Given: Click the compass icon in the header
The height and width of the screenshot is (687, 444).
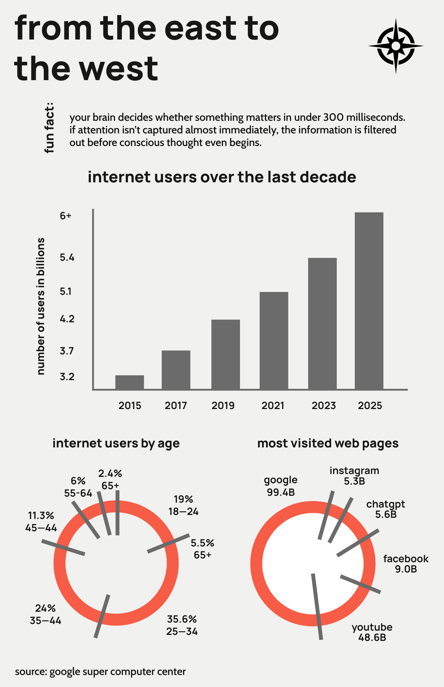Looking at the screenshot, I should pos(396,46).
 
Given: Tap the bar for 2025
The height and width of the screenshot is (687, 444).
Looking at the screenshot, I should pos(369,301).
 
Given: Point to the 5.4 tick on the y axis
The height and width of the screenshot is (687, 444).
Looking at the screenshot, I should pos(67,257).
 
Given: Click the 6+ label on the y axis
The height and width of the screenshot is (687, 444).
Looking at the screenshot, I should pos(66,216).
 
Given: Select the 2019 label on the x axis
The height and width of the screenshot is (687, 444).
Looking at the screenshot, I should pos(223,406).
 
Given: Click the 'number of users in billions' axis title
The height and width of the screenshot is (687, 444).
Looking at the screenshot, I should pos(41,306).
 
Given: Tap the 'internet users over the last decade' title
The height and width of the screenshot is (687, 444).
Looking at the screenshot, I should pos(222,177).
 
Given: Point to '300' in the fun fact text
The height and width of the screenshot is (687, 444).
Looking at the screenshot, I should pos(333,117).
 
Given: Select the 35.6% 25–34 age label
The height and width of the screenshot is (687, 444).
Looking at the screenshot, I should pos(182,625).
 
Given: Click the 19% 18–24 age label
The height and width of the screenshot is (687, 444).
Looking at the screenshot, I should pos(183,505).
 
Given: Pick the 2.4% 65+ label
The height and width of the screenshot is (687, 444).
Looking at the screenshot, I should pos(110,479).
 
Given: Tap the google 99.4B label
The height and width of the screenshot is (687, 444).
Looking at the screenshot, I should pos(281,486).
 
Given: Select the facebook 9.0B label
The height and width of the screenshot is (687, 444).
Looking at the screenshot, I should pos(406,564).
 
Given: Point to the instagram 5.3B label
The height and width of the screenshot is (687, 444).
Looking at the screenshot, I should pos(354,475).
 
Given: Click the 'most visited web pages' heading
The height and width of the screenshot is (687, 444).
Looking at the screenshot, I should pos(328,443).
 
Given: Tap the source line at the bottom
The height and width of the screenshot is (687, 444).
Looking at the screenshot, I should pos(100,672).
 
